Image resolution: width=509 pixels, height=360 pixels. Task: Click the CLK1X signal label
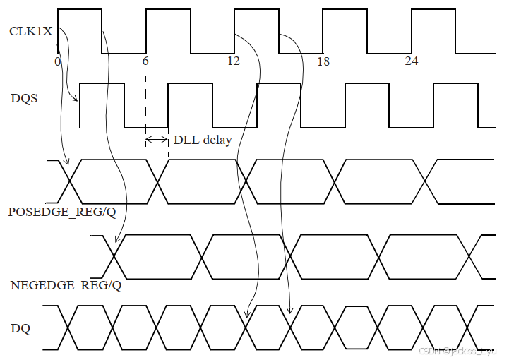[31, 31]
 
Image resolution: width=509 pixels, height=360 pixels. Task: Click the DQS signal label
[24, 98]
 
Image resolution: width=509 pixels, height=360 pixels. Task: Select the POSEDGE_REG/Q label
[62, 212]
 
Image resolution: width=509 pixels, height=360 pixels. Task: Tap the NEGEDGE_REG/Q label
[66, 286]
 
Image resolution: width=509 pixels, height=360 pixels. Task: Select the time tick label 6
[145, 61]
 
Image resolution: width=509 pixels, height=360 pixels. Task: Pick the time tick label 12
[233, 61]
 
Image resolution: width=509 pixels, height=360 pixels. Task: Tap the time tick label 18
[323, 61]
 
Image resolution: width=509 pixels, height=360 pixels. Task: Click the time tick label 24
[411, 61]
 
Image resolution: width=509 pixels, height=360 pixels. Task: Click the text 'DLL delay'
[203, 140]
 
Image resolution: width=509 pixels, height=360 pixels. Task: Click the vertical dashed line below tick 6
[145, 106]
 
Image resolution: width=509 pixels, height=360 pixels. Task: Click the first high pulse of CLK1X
[80, 10]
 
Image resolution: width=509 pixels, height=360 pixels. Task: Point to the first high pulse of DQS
[102, 84]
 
